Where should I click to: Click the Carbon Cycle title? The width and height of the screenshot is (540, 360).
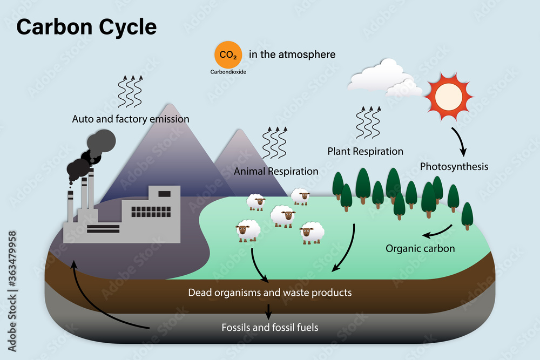86,27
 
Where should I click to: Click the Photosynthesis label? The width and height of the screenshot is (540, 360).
454,166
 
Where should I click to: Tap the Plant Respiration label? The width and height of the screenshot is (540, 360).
365,152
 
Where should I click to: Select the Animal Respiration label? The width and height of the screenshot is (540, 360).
276,172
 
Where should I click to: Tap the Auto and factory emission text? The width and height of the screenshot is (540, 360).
131,119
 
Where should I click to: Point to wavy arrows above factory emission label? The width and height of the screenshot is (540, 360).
130,91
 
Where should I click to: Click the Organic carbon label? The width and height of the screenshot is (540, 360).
420,249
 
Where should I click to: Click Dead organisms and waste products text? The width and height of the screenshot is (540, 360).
270,293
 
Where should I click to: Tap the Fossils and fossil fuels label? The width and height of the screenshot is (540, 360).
270,327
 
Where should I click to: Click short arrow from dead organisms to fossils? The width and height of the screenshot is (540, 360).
268,310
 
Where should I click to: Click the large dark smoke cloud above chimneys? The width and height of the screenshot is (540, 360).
101,142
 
